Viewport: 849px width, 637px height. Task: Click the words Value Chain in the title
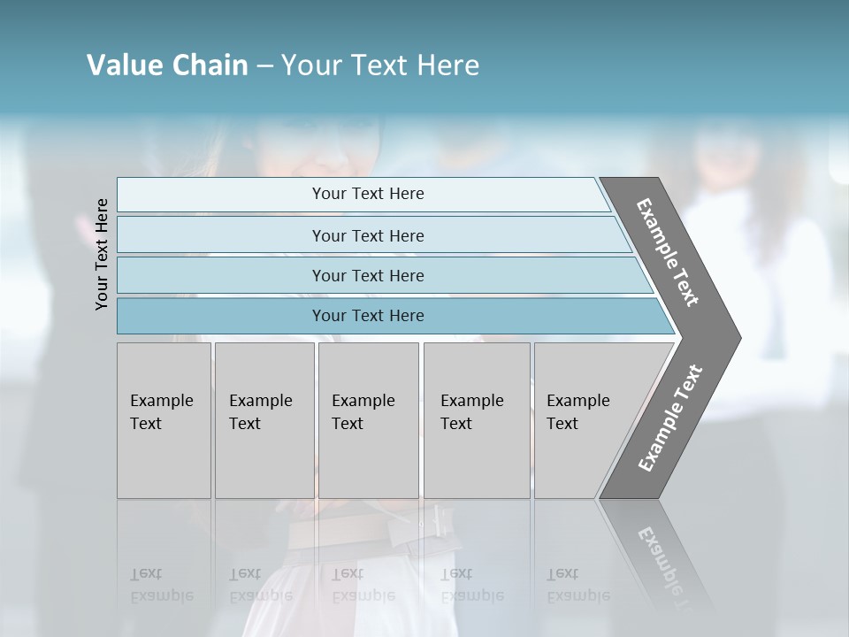point(167,65)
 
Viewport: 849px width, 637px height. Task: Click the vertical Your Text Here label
point(102,254)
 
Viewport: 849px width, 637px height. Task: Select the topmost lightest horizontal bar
point(221,195)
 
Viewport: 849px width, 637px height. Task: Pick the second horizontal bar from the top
point(221,235)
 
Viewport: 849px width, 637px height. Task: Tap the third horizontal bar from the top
point(221,275)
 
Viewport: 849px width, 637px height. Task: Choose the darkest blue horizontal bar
point(221,316)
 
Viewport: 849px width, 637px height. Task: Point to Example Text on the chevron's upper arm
point(668,252)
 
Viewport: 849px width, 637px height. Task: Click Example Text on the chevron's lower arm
point(670,418)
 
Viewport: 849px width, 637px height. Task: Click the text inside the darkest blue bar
point(368,316)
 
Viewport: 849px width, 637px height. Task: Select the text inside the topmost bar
point(368,194)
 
